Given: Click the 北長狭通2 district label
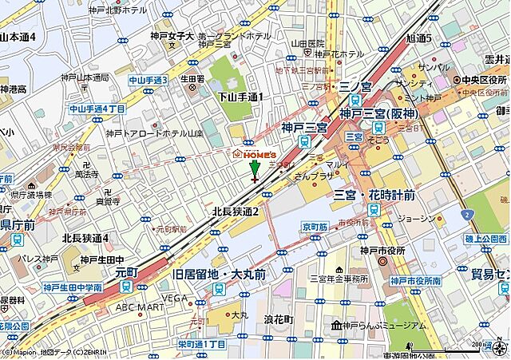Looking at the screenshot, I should point(236,212).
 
